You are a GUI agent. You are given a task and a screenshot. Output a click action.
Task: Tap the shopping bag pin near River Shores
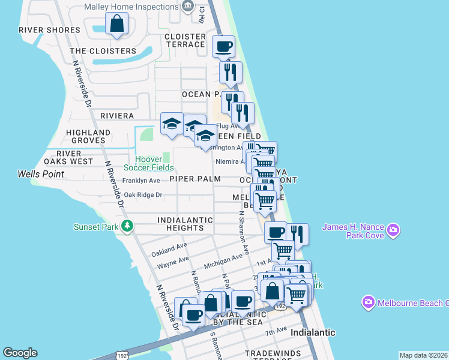[116, 25]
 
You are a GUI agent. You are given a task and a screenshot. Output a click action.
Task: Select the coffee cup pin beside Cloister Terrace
[224, 46]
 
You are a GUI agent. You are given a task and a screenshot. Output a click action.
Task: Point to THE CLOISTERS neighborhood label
[103, 51]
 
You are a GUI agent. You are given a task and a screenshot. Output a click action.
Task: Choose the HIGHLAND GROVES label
[88, 136]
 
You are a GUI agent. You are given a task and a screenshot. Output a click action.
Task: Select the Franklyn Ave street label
[141, 180]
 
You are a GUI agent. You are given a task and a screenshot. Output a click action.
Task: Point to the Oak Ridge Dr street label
[143, 195]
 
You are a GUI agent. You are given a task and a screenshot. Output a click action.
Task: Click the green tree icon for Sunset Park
[127, 226]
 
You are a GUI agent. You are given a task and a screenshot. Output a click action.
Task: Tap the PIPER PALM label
[194, 179]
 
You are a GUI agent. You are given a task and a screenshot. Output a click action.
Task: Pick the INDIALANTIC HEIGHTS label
[185, 224]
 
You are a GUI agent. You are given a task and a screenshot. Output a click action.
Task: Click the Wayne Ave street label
[173, 262]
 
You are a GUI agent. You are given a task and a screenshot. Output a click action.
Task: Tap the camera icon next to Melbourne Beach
[368, 302]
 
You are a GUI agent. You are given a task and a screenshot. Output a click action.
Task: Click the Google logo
[20, 353]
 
